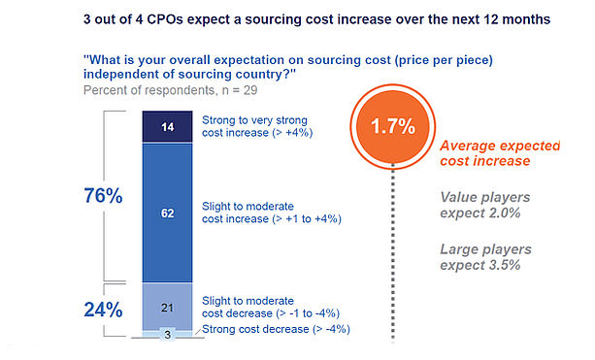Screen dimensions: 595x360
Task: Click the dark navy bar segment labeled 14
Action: pos(167,127)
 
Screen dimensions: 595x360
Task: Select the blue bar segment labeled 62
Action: pos(167,213)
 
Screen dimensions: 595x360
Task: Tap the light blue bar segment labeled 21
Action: pos(167,307)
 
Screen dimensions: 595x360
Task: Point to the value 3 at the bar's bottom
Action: pos(167,335)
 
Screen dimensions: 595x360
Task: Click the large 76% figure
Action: pos(103,196)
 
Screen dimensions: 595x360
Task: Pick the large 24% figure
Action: pos(103,310)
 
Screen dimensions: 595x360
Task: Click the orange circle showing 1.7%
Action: pos(393,126)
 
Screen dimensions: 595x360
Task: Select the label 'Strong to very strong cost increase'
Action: pos(257,126)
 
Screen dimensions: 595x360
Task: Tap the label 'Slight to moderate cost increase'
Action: pos(272,213)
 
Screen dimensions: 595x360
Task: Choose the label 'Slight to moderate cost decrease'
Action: pos(271,307)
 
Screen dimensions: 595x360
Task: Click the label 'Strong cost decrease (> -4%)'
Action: pos(276,329)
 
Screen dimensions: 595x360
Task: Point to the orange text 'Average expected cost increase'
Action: pos(500,153)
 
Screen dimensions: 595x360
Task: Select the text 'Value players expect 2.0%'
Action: pos(485,205)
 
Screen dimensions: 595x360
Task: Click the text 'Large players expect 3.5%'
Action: pos(485,257)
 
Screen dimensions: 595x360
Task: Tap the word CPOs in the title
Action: pos(165,19)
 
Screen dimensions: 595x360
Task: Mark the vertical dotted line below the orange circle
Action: pos(393,252)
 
